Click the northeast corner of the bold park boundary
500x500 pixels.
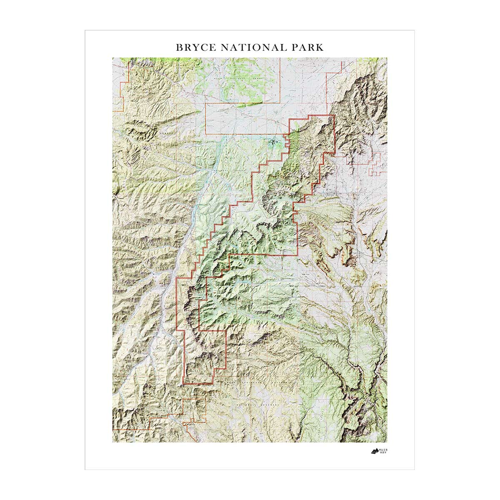point(334,115)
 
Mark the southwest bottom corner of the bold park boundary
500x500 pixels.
point(183,384)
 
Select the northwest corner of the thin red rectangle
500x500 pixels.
point(206,104)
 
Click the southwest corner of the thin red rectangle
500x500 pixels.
point(206,134)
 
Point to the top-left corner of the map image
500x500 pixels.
point(112,57)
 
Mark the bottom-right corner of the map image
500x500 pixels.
point(387,442)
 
